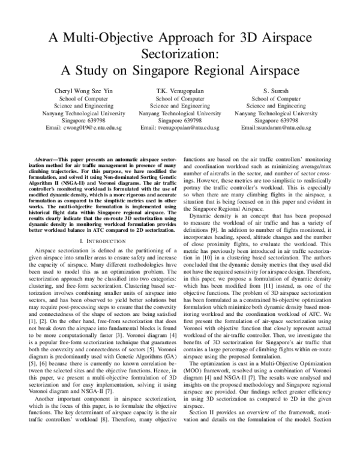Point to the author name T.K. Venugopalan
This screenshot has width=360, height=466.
(180, 90)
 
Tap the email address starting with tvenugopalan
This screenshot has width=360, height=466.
(180, 128)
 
